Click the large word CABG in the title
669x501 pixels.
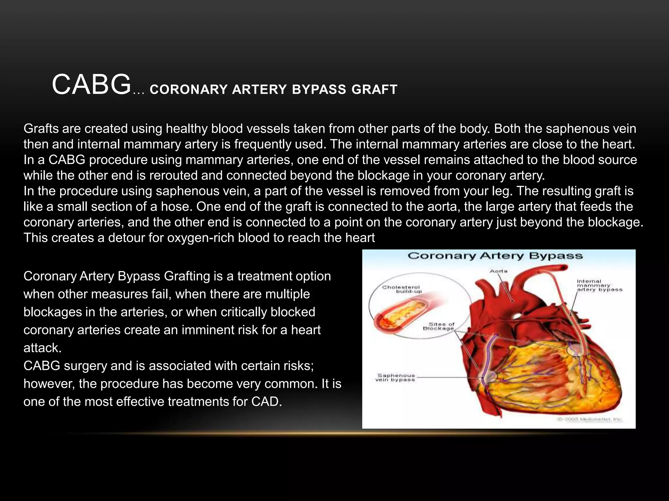tap(91, 85)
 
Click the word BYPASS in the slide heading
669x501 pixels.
tap(319, 89)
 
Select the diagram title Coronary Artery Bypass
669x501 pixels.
tap(495, 256)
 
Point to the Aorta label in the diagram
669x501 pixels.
tap(498, 271)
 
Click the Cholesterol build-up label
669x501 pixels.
tap(401, 289)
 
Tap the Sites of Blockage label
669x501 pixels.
tap(439, 326)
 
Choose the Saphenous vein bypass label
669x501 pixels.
tap(395, 377)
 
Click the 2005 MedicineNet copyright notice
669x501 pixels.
tap(589, 419)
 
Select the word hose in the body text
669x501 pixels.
tap(177, 207)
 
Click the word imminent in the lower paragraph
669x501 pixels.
tap(207, 330)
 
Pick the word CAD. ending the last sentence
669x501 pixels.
tap(266, 402)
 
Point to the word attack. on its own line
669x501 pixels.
tap(42, 348)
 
